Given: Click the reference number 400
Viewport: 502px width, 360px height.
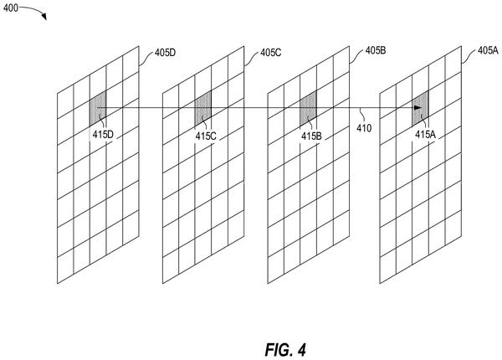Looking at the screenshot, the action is click(11, 8).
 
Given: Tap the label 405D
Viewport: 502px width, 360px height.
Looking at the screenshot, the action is click(165, 53).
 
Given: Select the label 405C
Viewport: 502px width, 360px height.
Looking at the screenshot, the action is click(270, 53).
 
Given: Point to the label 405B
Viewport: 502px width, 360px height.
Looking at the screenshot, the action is click(376, 50).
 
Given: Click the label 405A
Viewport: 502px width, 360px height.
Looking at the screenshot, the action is click(488, 50).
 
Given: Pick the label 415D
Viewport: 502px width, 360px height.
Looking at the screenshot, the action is click(103, 135).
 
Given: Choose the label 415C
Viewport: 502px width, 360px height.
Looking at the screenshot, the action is click(206, 136).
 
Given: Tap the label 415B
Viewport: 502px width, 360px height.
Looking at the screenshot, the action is click(311, 136).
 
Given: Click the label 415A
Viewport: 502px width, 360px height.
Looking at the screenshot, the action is click(425, 135).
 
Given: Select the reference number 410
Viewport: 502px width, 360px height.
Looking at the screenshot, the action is click(364, 128).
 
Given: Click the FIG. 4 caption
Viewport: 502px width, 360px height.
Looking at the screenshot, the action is click(285, 349).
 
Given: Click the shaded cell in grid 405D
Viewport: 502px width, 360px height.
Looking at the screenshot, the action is click(98, 108).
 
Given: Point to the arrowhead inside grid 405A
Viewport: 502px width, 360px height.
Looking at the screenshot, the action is click(417, 108).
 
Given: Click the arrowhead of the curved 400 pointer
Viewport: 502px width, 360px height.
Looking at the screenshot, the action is click(44, 17).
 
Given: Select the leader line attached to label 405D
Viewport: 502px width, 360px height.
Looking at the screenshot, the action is click(146, 58).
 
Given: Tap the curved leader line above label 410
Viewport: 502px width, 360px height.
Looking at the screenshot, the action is click(361, 115).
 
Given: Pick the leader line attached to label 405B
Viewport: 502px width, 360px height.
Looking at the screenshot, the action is click(356, 56).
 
